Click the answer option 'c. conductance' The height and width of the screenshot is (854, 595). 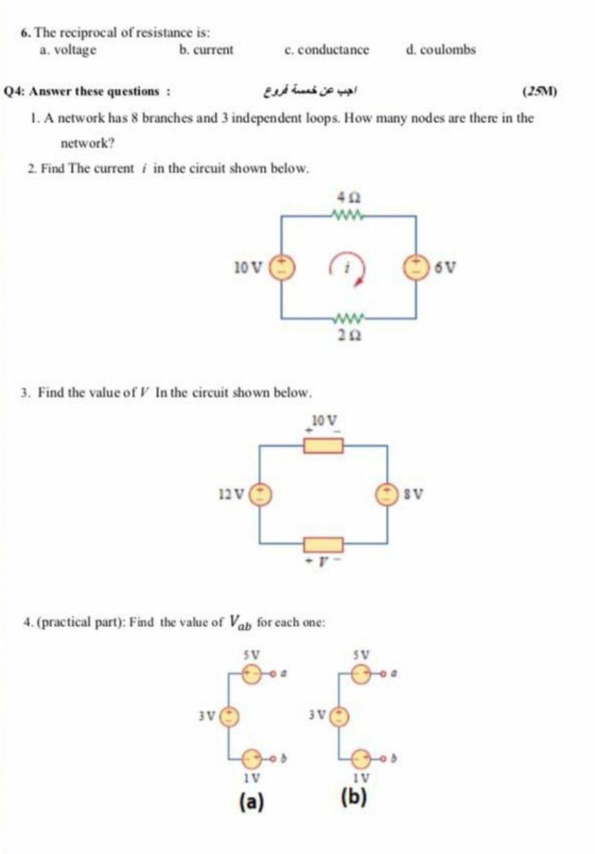326,50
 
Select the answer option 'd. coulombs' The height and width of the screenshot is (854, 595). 441,50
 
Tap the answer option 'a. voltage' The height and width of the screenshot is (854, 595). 67,50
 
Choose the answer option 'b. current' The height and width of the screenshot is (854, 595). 206,50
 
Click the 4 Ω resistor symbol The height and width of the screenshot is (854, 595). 348,214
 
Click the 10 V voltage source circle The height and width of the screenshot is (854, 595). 280,267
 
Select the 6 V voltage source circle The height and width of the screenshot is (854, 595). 418,267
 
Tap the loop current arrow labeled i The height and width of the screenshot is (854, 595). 348,268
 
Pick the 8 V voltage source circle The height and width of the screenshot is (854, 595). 388,494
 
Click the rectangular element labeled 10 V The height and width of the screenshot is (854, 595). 324,444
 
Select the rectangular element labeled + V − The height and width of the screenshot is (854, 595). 324,545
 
